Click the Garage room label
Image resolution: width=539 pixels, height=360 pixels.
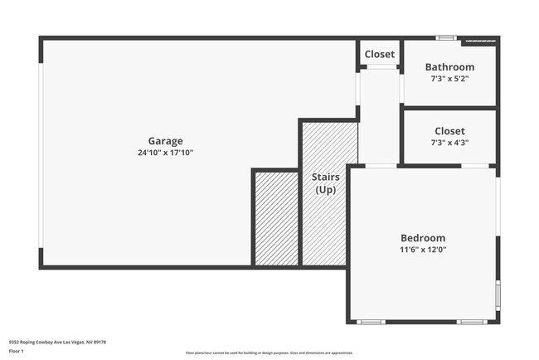coord(165,141)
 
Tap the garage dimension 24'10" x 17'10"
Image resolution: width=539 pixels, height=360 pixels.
coord(165,153)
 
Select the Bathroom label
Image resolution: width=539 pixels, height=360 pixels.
coord(449,67)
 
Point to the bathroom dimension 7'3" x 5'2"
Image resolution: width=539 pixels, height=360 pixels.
coord(449,79)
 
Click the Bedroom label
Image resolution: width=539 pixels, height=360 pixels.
coord(423,237)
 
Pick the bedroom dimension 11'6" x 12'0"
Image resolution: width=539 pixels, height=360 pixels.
coord(423,249)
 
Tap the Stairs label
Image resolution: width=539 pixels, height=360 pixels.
coord(325,178)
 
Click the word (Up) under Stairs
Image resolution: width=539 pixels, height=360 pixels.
coord(325,190)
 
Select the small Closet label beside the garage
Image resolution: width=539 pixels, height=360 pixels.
coord(380,55)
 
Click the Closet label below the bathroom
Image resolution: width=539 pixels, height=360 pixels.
coord(449,131)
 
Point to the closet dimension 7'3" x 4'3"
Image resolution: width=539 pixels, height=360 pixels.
coord(449,143)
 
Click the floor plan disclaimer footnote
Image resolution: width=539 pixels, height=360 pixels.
coord(269,353)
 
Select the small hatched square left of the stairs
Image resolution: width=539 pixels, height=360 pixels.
coord(275,218)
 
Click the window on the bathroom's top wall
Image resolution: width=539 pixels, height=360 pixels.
coord(446,37)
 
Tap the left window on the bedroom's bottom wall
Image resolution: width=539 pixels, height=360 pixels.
coord(371,322)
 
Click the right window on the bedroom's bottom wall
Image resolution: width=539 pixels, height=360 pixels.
coord(472,322)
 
